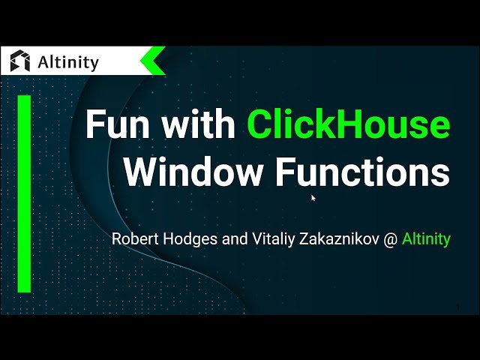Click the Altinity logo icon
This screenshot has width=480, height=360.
20,61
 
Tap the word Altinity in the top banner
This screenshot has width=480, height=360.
67,62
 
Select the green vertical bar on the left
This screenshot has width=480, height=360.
24,193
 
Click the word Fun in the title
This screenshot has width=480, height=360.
116,124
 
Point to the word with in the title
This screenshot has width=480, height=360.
197,124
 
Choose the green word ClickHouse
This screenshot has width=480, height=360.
349,124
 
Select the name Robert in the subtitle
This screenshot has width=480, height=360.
133,240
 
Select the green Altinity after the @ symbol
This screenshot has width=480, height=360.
426,240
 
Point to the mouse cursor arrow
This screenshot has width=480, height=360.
313,198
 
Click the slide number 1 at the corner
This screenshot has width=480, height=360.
457,306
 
